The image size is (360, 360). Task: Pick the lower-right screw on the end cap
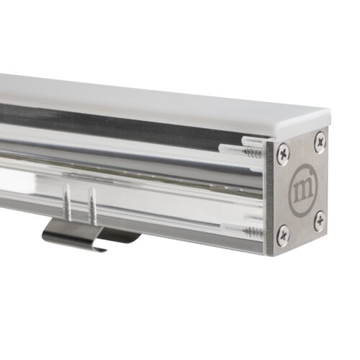tap(320, 220)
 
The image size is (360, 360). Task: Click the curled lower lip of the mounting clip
tap(95, 249)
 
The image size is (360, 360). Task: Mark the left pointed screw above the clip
tap(68, 202)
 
